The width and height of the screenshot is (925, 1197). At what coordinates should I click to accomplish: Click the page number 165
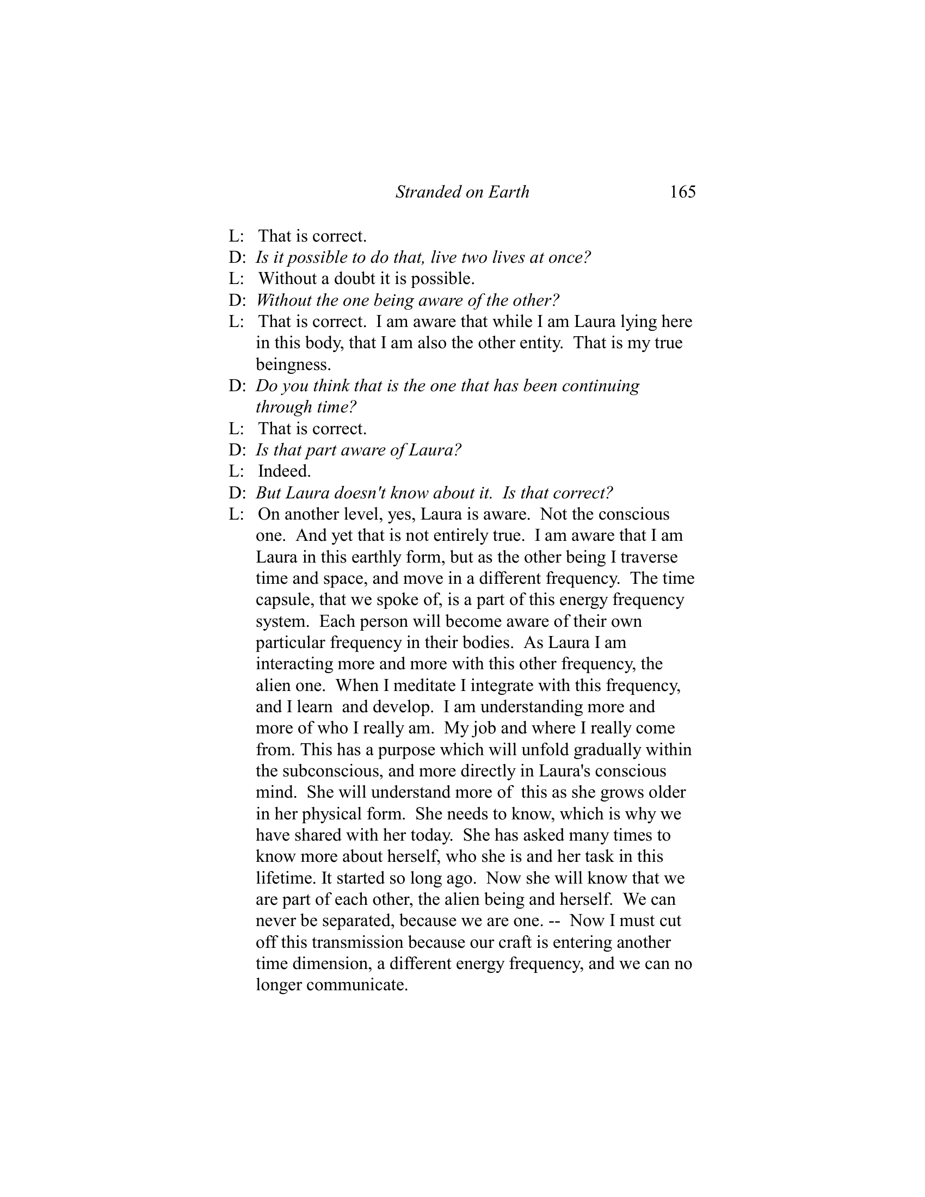click(682, 192)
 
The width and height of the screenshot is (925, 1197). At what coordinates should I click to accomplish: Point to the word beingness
click(293, 365)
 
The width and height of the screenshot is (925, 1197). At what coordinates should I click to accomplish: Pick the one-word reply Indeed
click(284, 471)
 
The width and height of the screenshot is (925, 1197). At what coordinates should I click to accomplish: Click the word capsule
click(283, 600)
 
